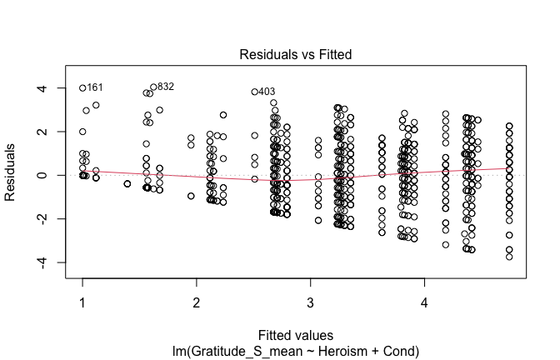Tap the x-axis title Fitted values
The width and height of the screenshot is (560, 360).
(x=296, y=335)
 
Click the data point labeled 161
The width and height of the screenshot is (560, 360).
(x=82, y=87)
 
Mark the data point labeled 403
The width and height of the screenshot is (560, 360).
(x=254, y=92)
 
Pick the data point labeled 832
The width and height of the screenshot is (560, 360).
(x=153, y=87)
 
